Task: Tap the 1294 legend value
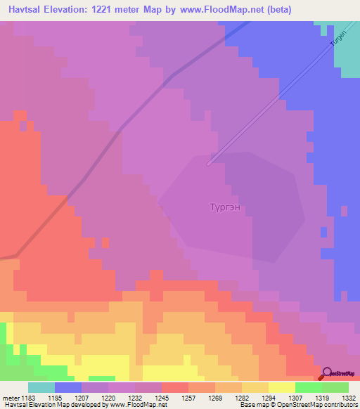coord(268,398)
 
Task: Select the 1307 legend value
coord(296,398)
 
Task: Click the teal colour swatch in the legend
coord(41,387)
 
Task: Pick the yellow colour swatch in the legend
coord(282,387)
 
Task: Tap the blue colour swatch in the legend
coord(68,387)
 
